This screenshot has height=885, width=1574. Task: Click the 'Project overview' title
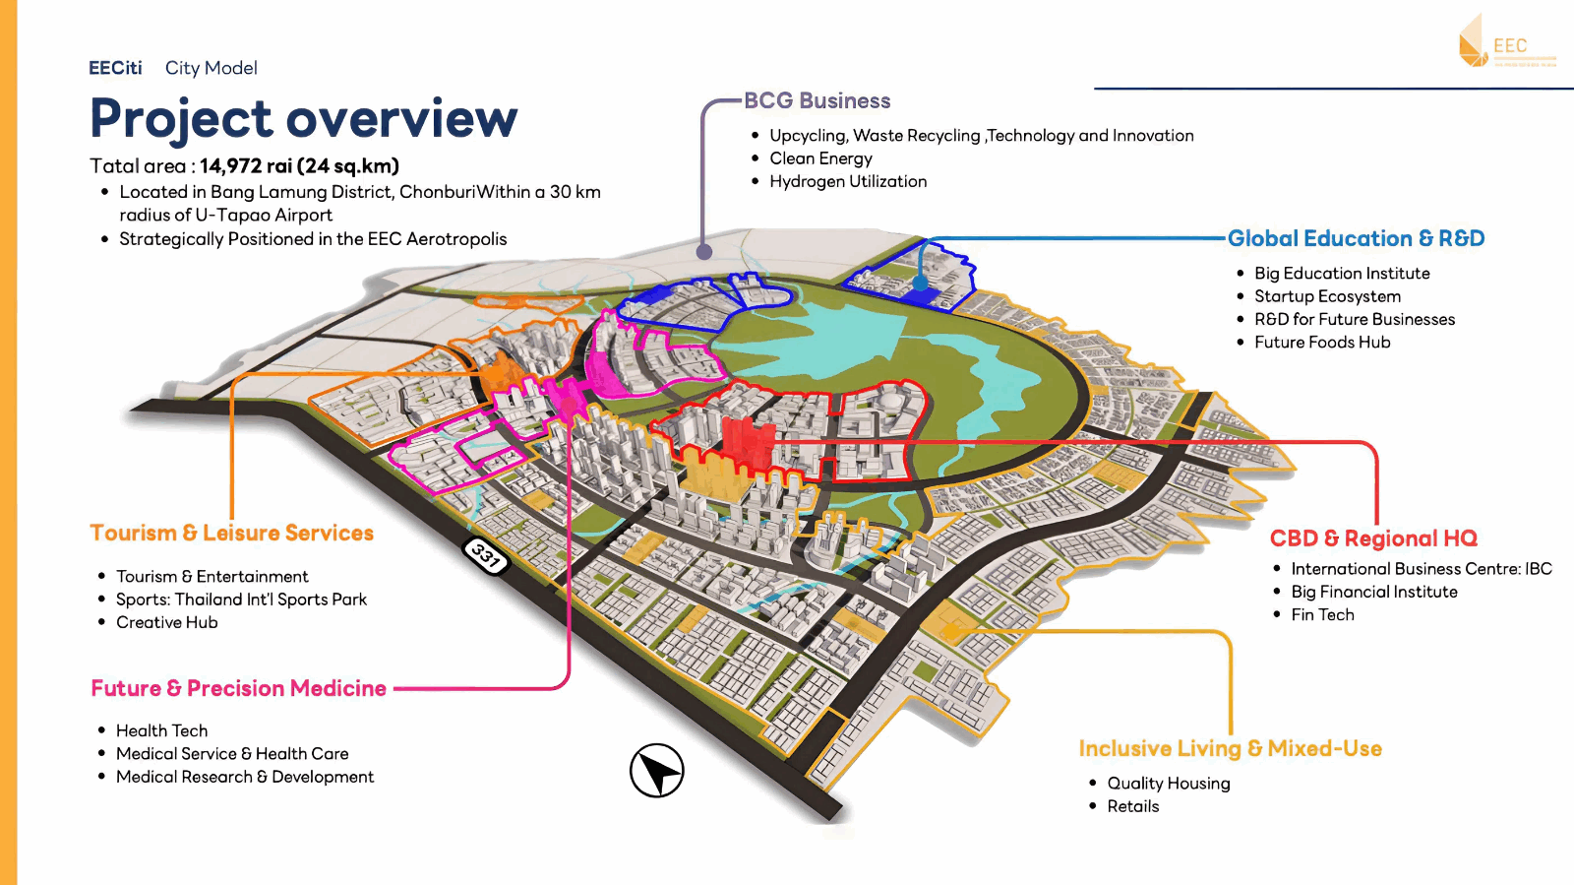303,119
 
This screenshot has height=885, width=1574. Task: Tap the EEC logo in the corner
1505,42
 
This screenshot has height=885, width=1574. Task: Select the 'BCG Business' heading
817,100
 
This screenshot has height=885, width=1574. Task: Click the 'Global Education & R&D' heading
1356,238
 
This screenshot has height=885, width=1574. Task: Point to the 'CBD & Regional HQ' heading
1373,538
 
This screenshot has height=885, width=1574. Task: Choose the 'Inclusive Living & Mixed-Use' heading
1230,748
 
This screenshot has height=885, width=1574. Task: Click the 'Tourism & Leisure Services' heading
231,533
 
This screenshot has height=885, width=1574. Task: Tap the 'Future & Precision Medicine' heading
238,688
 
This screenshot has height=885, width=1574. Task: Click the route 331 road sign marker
486,556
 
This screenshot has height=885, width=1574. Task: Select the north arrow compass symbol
657,771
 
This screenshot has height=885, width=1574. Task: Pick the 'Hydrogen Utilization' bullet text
848,181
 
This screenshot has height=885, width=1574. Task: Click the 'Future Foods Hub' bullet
1322,343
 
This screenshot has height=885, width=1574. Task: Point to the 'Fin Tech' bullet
1322,614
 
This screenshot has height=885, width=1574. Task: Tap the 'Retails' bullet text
1133,806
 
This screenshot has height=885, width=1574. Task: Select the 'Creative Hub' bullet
167,622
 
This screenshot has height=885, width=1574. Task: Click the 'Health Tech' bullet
162,730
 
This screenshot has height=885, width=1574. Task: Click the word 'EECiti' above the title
115,68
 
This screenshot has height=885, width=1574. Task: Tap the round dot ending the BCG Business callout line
704,252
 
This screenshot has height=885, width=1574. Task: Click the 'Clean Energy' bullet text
820,158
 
